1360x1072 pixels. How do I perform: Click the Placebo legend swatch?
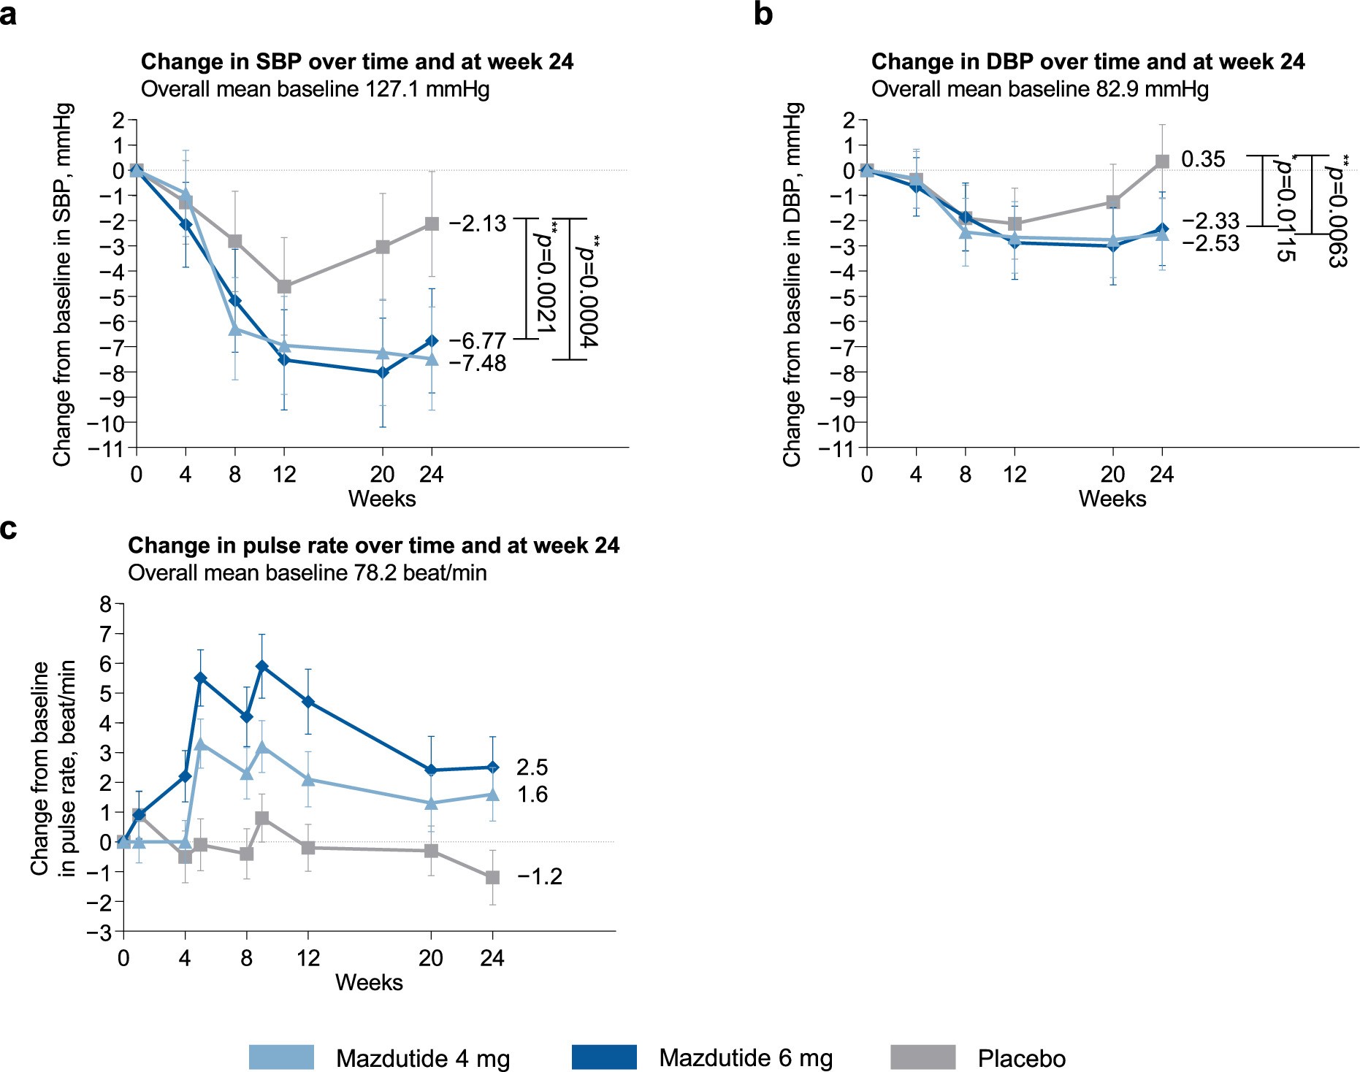(922, 1057)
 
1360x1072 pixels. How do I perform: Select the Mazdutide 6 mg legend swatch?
(604, 1057)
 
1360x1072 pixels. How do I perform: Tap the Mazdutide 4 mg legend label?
(423, 1059)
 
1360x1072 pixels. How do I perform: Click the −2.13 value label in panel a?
(478, 223)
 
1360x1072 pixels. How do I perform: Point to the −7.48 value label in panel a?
(478, 363)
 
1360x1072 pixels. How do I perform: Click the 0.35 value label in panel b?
(1203, 159)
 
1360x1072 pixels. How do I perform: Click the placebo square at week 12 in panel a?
(284, 287)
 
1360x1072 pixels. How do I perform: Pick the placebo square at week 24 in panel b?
(1162, 161)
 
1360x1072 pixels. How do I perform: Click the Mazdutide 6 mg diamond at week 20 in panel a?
(383, 372)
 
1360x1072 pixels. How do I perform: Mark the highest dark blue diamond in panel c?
(262, 666)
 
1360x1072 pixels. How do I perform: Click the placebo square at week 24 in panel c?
(492, 877)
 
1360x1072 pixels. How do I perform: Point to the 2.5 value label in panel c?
(532, 767)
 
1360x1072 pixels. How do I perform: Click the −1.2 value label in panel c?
(540, 877)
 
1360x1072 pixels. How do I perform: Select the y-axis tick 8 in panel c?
(107, 605)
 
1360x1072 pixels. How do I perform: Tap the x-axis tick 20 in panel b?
(1112, 475)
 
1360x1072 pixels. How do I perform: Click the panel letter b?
(763, 15)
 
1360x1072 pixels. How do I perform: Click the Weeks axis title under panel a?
(382, 499)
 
